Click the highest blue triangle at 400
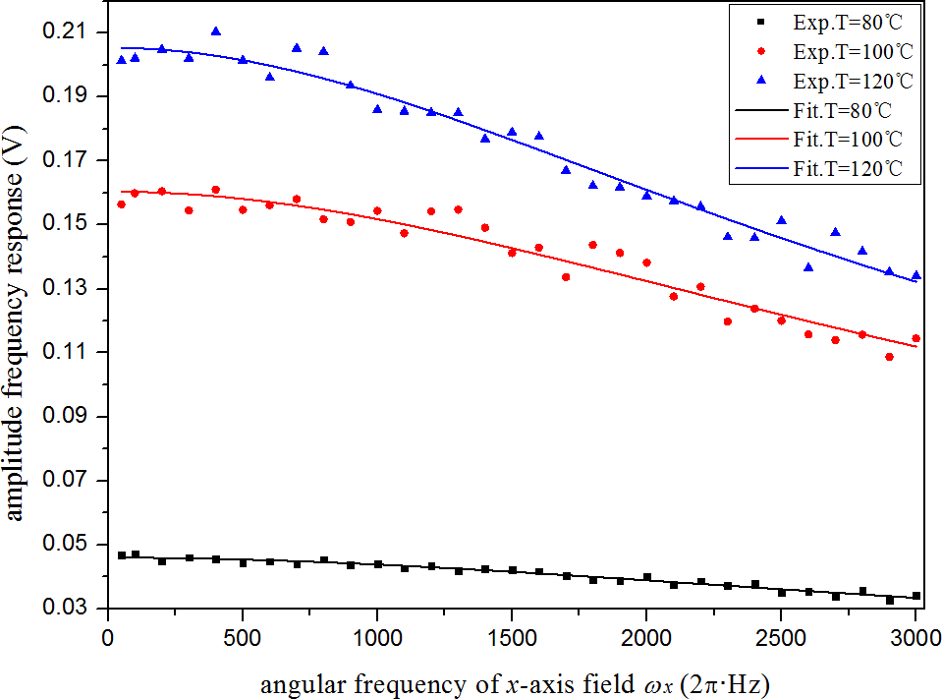pyautogui.click(x=216, y=31)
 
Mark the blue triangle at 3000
pyautogui.click(x=916, y=275)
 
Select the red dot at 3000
pyautogui.click(x=916, y=338)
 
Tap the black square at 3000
pyautogui.click(x=916, y=596)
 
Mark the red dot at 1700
pyautogui.click(x=566, y=277)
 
